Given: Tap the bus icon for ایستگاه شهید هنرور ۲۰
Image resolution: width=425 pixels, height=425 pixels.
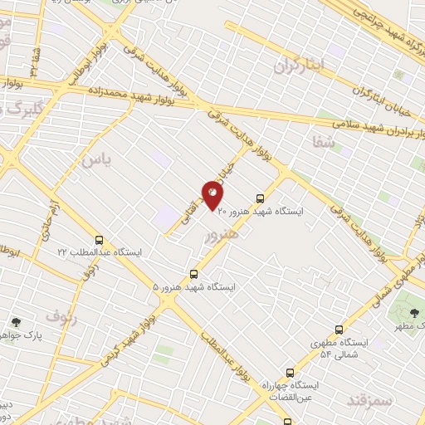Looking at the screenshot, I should (261, 199).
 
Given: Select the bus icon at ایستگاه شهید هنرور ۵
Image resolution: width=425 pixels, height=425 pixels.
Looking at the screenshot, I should (194, 273).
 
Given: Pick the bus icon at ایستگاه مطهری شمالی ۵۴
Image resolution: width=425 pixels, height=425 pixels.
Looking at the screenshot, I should (337, 329).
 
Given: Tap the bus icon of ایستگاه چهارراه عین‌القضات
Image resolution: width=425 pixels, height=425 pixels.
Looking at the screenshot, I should (290, 373).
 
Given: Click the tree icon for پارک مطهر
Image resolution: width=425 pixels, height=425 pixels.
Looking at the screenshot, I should (414, 312).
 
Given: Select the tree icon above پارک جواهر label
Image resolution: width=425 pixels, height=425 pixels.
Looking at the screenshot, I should (16, 322).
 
